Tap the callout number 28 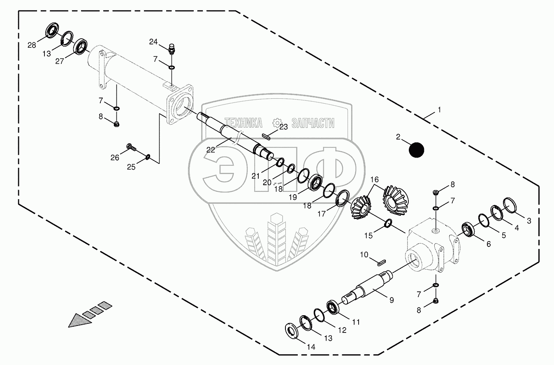pyautogui.click(x=32, y=44)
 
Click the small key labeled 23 pyautogui.click(x=266, y=137)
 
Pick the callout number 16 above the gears pyautogui.click(x=374, y=180)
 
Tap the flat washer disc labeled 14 pyautogui.click(x=292, y=330)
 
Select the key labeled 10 pyautogui.click(x=380, y=260)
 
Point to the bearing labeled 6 pyautogui.click(x=468, y=229)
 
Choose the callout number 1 pyautogui.click(x=439, y=110)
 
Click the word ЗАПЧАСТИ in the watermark pyautogui.click(x=313, y=123)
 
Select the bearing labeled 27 pyautogui.click(x=81, y=46)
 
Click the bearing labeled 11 pyautogui.click(x=333, y=308)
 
